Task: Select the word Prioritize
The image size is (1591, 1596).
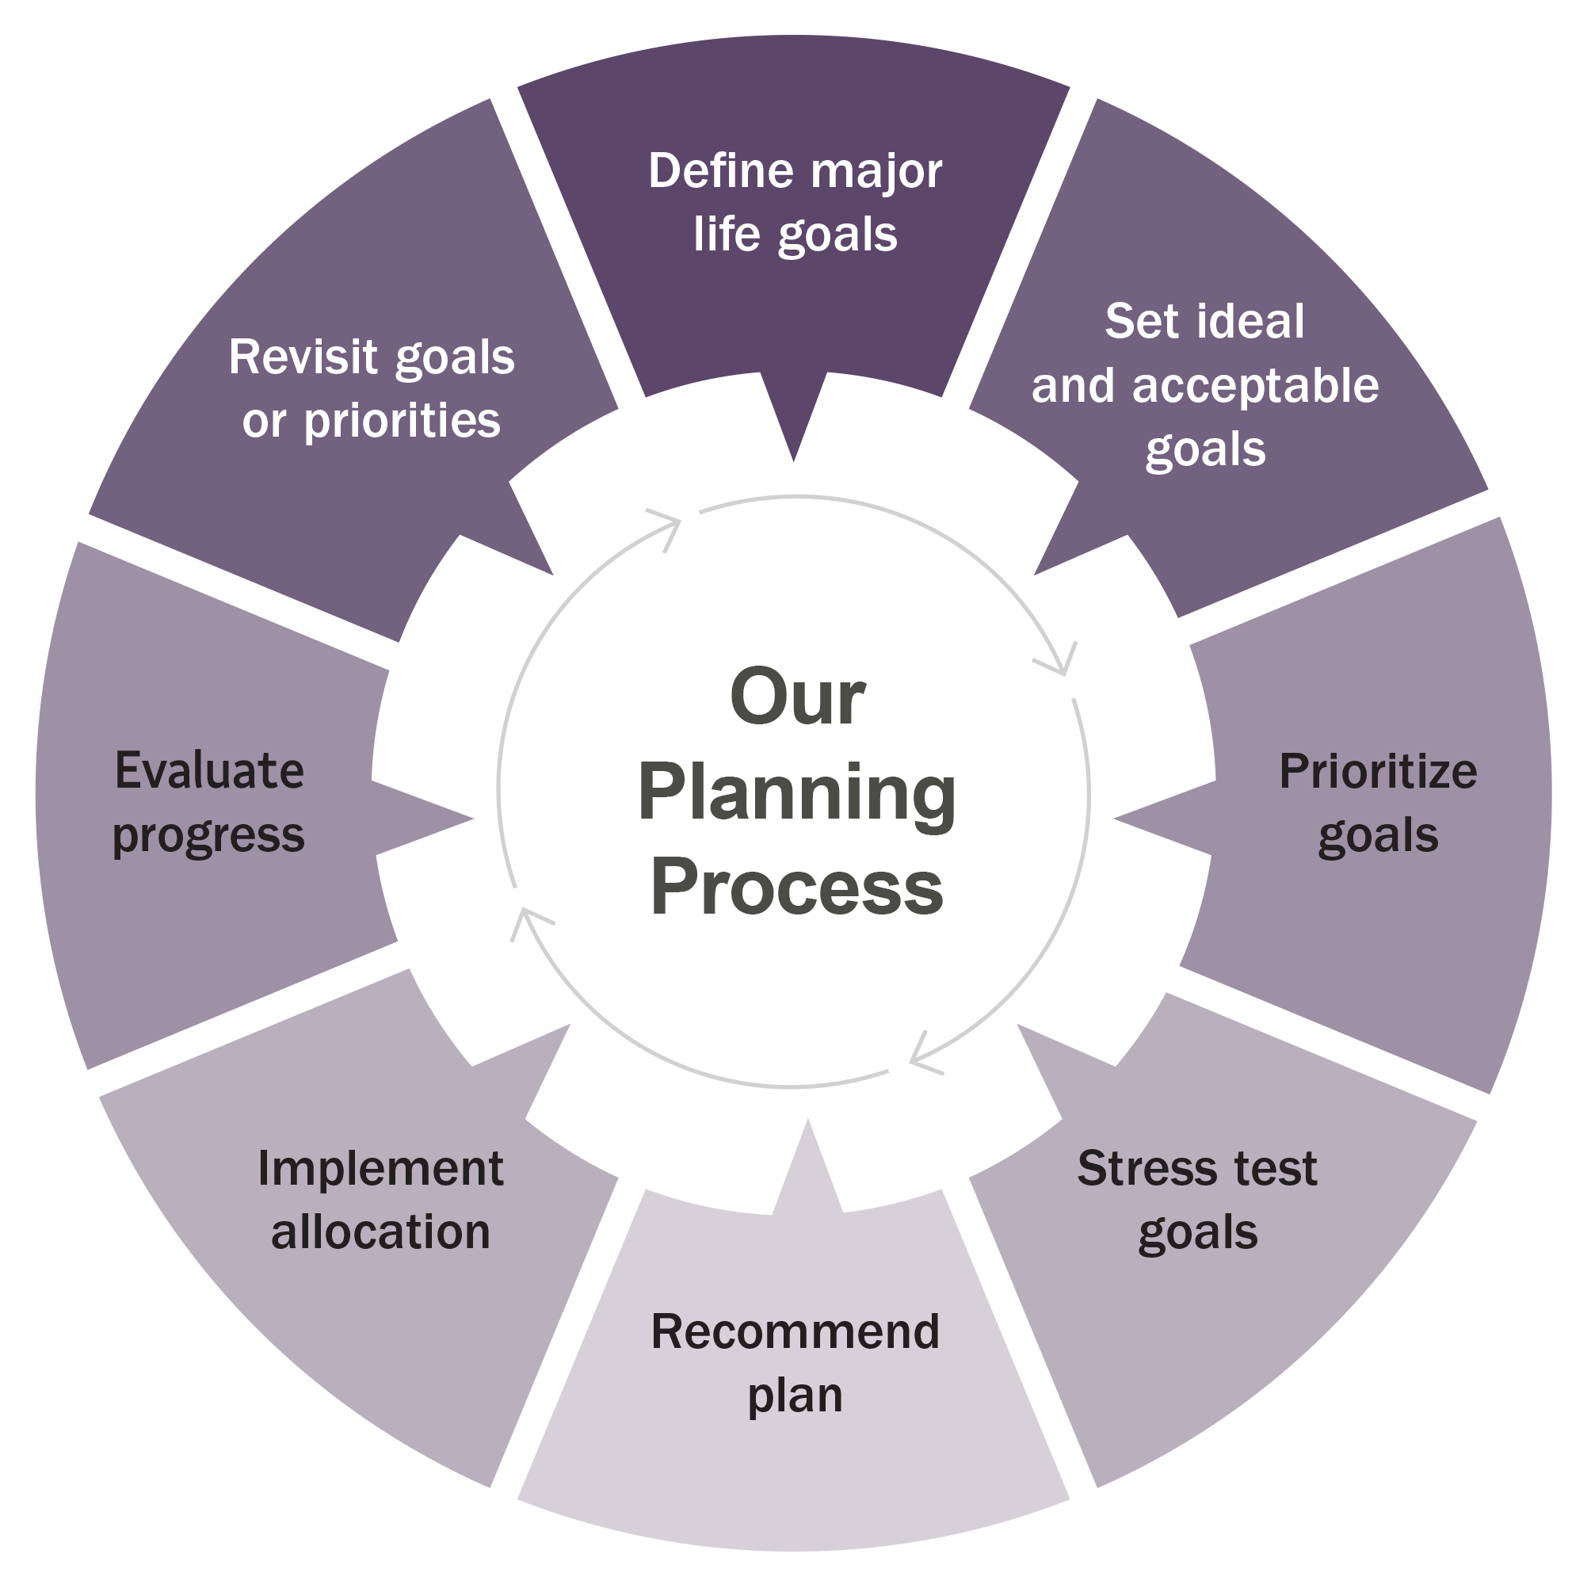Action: click(1377, 772)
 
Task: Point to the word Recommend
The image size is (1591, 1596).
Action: click(795, 1331)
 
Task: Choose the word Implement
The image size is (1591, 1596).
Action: click(380, 1170)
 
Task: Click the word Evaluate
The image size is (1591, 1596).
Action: click(209, 771)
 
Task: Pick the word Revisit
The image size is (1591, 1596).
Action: click(303, 357)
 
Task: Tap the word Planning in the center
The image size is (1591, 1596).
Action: click(796, 793)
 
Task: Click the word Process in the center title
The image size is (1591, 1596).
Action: click(796, 888)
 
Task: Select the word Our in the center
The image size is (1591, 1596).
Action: click(796, 698)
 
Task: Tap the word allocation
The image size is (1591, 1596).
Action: click(381, 1232)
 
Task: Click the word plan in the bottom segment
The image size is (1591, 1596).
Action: click(795, 1396)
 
